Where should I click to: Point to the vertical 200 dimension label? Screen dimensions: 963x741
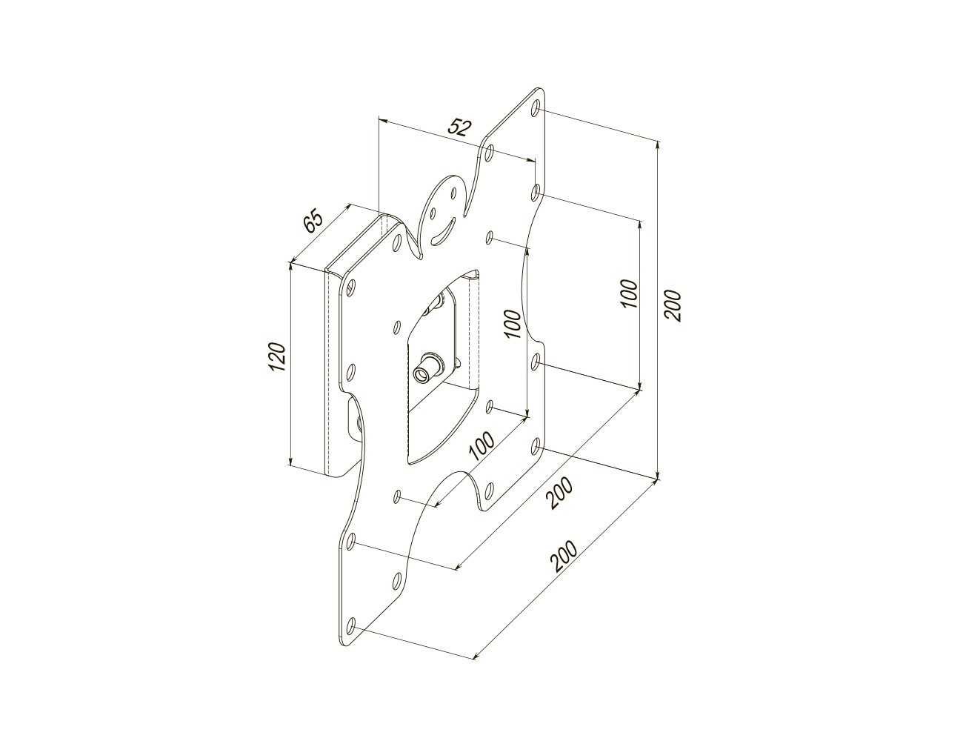coord(673,305)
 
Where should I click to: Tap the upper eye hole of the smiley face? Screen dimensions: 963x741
coord(453,193)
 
